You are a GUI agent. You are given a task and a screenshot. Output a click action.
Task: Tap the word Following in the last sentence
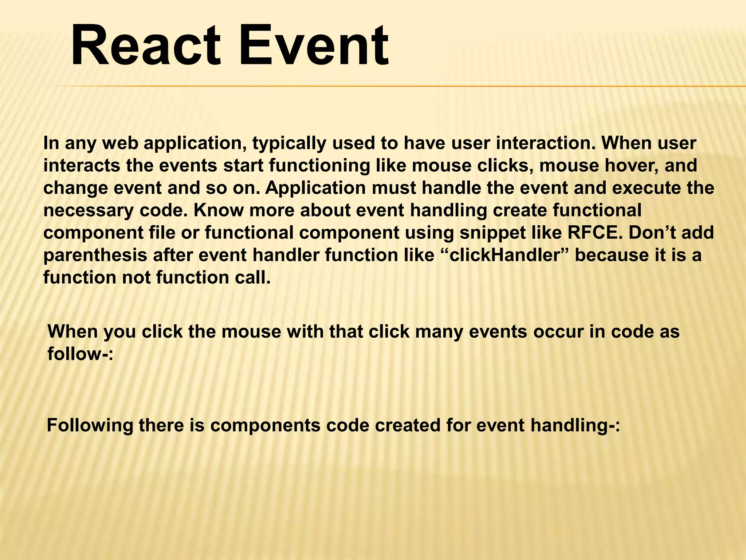[90, 425]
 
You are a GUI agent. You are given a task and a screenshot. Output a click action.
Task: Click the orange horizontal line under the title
[401, 86]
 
